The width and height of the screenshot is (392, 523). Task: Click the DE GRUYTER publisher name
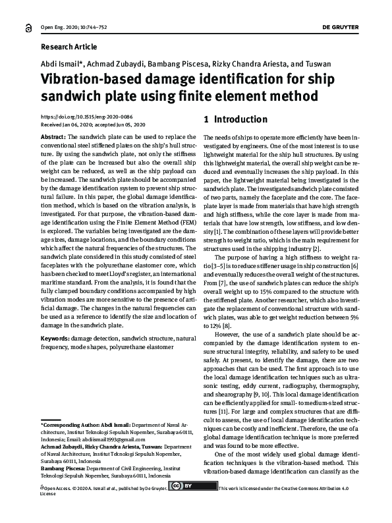[x=359, y=27]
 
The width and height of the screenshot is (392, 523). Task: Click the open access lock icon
[x=26, y=27]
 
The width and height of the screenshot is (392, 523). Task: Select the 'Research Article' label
[x=69, y=47]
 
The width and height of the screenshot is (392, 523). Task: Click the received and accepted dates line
[x=93, y=124]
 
